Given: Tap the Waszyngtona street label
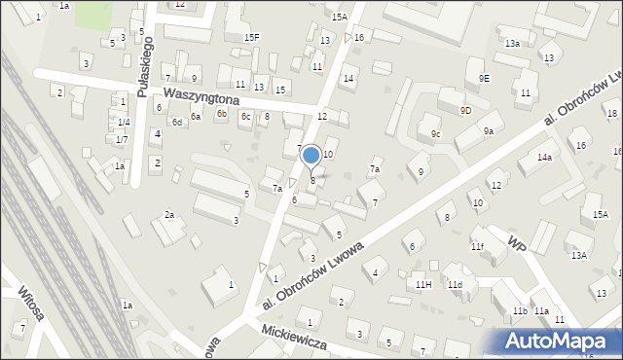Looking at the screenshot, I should [x=202, y=94].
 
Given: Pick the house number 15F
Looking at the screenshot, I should [x=252, y=37].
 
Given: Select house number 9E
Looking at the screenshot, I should [x=484, y=77].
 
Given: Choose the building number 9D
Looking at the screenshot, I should [x=465, y=111].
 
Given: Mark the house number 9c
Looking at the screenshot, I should [x=435, y=134].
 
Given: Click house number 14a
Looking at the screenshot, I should [x=544, y=157].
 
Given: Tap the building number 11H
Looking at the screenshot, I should [x=422, y=284].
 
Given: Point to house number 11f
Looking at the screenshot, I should [x=477, y=246].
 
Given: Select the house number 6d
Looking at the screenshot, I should [x=177, y=123].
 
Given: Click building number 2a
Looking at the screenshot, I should [x=169, y=214].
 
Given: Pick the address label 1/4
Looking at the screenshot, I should [x=123, y=122].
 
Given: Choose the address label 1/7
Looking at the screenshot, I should [x=122, y=140].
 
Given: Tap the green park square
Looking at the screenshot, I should [x=93, y=14].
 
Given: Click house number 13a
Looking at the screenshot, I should [x=512, y=44].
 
